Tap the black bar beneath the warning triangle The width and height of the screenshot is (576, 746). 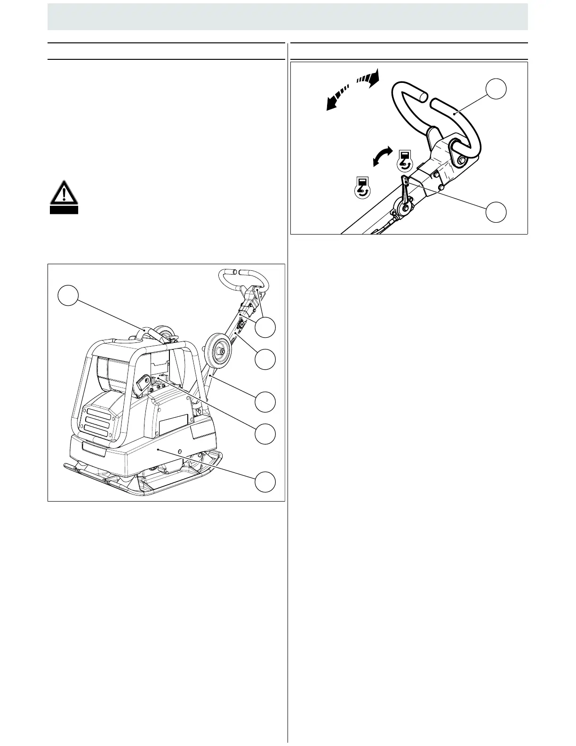point(64,210)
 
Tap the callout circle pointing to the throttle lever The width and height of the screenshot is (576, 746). point(496,212)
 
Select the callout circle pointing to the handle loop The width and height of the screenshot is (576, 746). point(496,89)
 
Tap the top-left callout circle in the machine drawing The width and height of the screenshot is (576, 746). point(68,295)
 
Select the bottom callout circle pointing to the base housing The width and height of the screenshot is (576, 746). point(265,482)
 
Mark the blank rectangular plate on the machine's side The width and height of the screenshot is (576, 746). point(174,425)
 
